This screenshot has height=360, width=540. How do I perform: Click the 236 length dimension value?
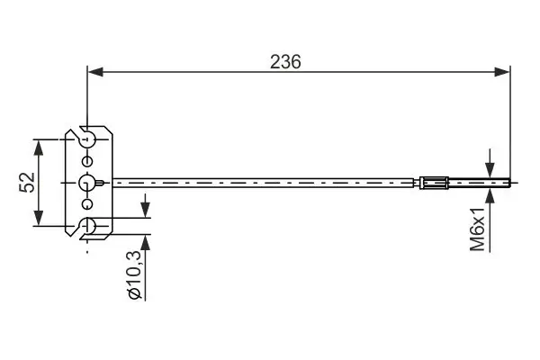[285, 62]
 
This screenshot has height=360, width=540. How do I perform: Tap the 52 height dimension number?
[27, 182]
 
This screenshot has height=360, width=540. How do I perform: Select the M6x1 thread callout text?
[478, 229]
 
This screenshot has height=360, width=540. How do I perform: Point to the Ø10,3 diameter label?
[134, 274]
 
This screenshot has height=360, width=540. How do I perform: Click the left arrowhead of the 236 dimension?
[95, 72]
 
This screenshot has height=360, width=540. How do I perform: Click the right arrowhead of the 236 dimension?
[502, 72]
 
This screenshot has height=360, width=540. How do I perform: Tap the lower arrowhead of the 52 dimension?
[39, 218]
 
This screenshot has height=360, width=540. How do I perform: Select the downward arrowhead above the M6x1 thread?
[490, 170]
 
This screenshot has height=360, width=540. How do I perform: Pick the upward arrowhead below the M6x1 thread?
[490, 195]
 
